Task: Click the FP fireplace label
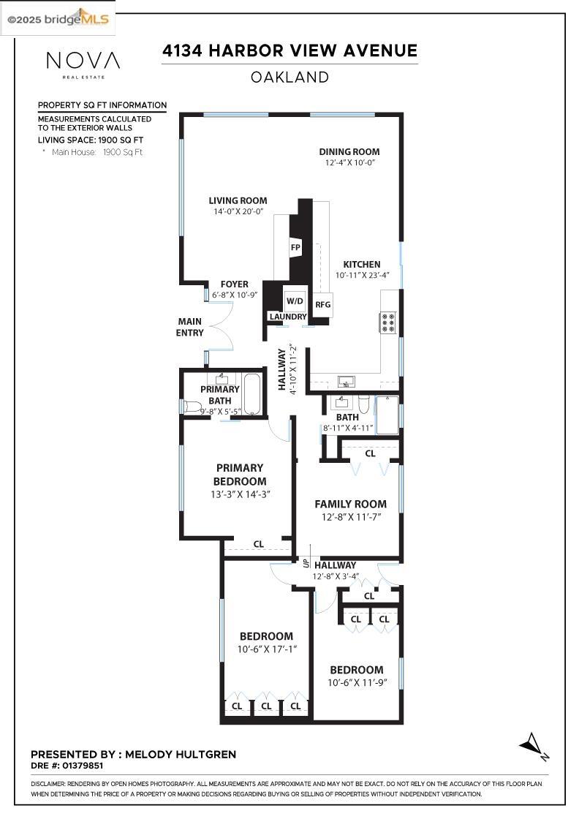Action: (296, 247)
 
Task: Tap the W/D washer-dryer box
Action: (295, 301)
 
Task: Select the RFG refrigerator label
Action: (322, 305)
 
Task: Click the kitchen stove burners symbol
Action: (387, 322)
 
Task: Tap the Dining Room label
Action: (349, 152)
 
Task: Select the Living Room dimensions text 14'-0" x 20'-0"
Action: (238, 211)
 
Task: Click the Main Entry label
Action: (189, 327)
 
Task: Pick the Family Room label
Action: (350, 504)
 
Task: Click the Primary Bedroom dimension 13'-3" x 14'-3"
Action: (240, 494)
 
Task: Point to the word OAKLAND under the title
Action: (289, 77)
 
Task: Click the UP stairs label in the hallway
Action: (306, 563)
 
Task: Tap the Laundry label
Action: (287, 317)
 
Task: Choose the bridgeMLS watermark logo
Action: (58, 19)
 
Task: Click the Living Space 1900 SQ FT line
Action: (91, 139)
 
